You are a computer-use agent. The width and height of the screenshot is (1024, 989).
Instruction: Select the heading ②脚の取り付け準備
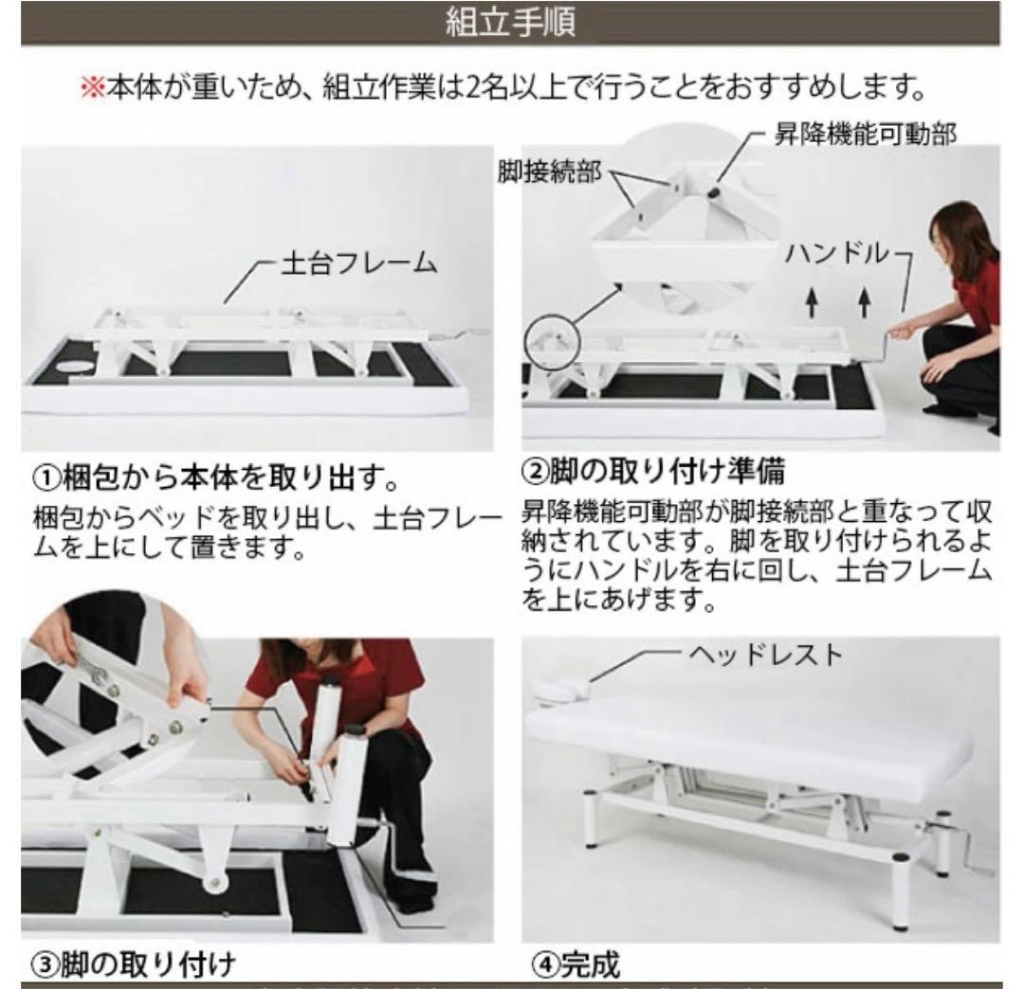coord(654,471)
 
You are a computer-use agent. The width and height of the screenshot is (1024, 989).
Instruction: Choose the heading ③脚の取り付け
coord(126,964)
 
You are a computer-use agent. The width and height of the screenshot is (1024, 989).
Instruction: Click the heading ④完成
coord(571,964)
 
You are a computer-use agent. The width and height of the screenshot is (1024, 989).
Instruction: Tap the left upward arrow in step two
coord(812,302)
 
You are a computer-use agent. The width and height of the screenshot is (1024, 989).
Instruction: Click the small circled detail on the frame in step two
coord(551,340)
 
